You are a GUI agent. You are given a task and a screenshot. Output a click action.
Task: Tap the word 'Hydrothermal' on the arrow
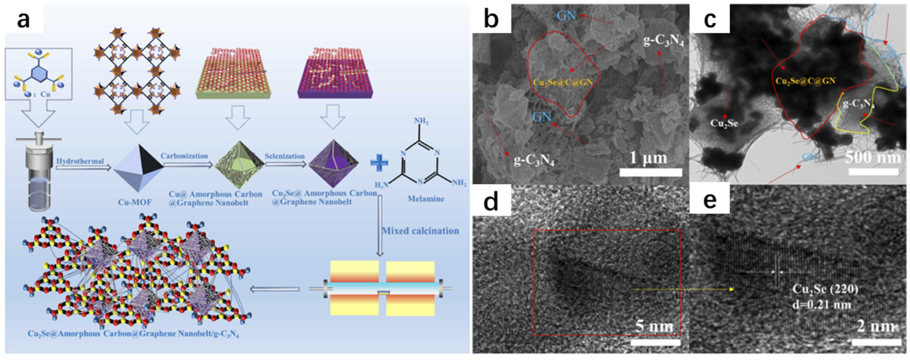tap(80, 161)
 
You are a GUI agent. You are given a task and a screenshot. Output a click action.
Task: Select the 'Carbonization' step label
tap(184, 156)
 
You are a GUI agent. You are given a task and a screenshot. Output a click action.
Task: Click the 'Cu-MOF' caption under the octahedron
tap(135, 202)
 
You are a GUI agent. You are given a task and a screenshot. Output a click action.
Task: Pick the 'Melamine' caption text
tap(426, 199)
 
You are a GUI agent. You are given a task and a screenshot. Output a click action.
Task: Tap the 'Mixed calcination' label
tap(420, 231)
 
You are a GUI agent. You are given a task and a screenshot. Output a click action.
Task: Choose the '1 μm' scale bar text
tap(649, 158)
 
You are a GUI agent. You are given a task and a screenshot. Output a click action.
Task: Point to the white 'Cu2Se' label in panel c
tap(724, 123)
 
